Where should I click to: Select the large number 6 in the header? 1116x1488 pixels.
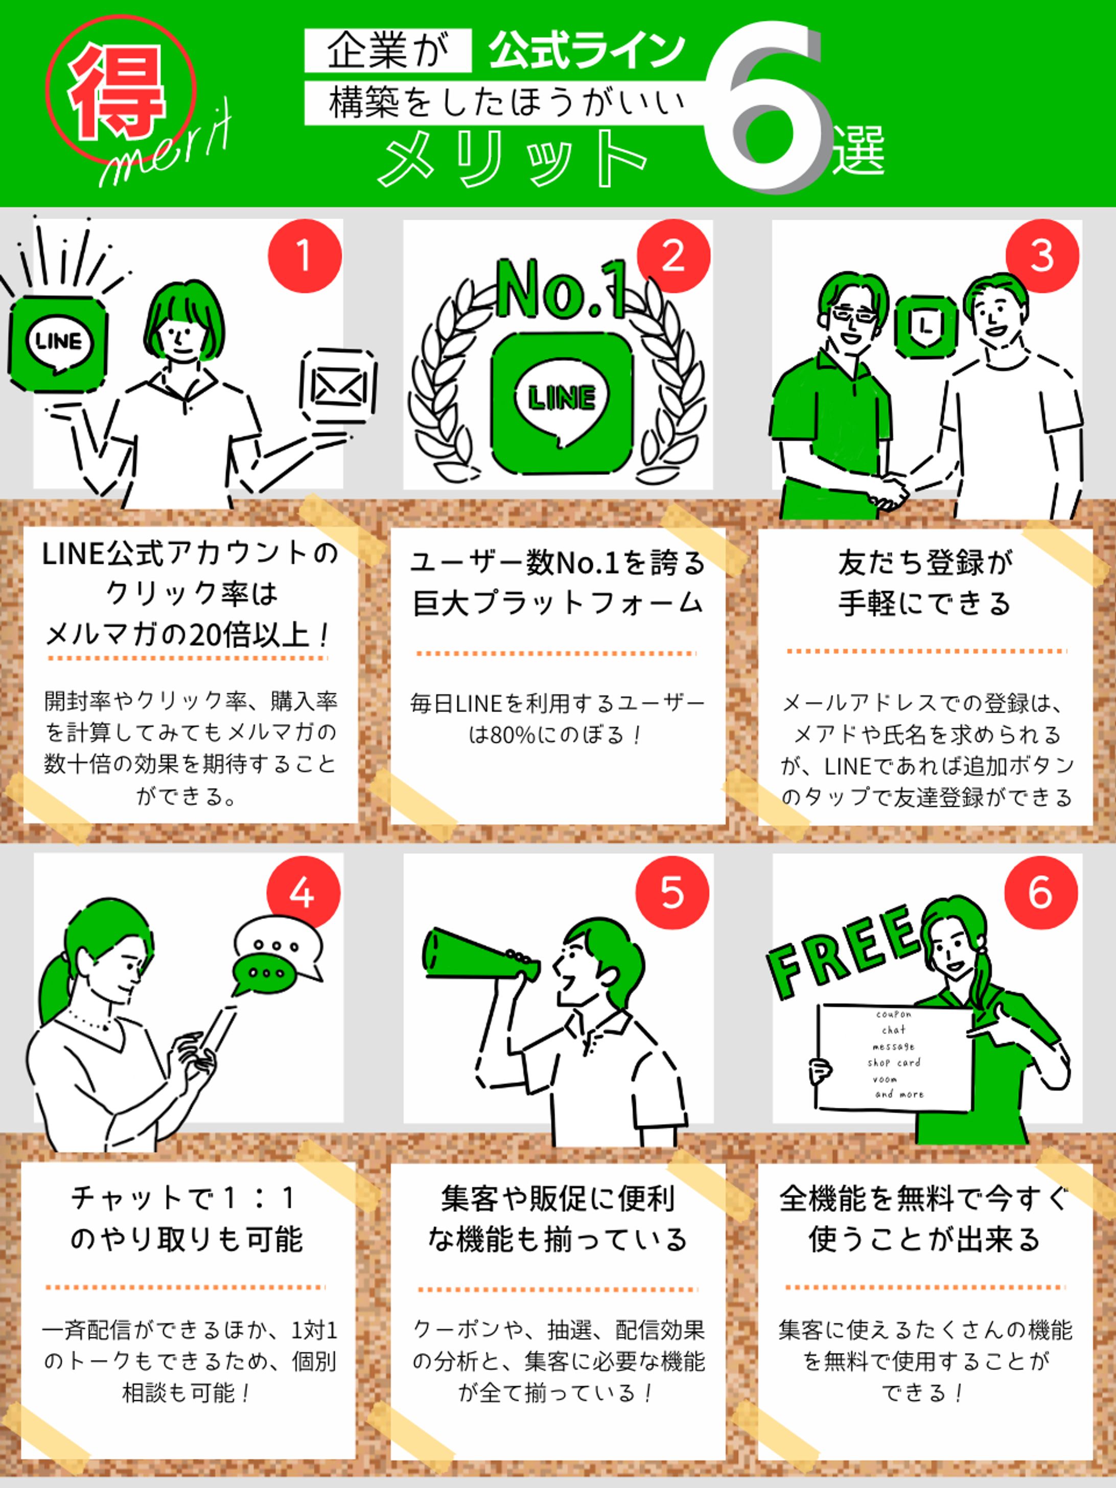pos(767,108)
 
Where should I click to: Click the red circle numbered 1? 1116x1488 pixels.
pos(305,255)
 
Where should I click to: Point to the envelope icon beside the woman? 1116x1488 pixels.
pos(338,386)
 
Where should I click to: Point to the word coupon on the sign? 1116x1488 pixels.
pos(893,1014)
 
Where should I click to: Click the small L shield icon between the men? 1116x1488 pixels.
pos(926,326)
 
